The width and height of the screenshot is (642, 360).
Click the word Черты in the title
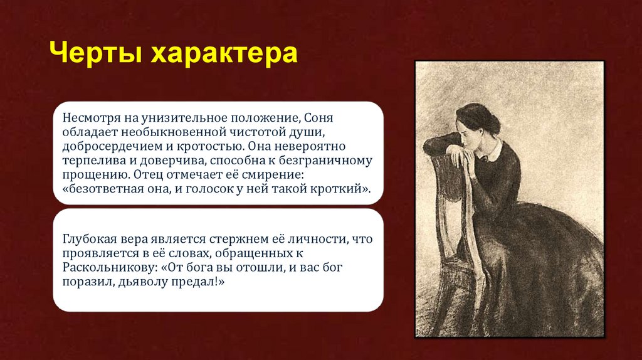[x=95, y=53]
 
